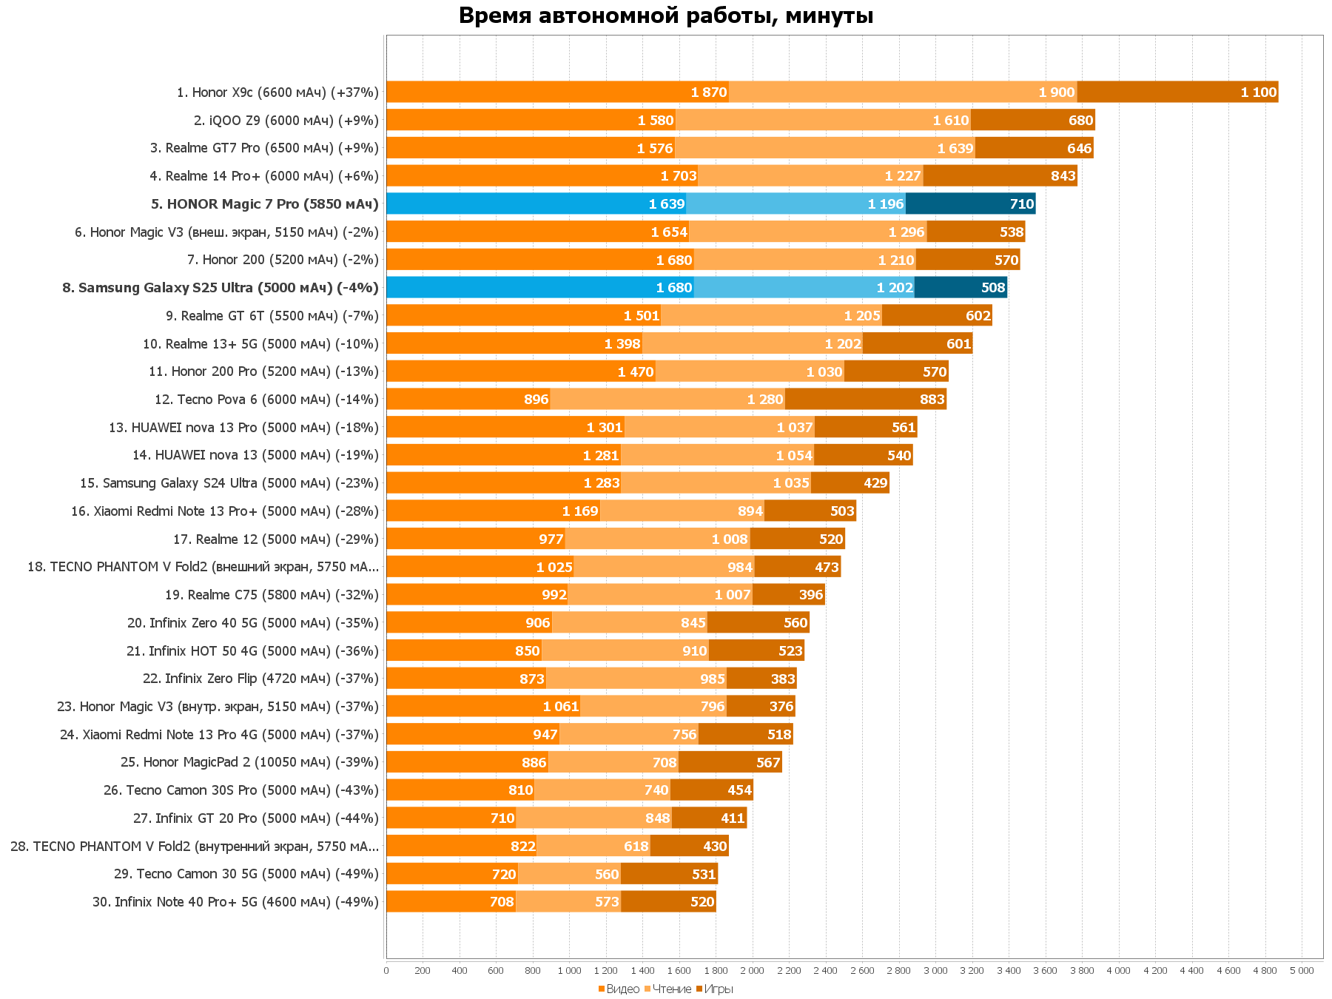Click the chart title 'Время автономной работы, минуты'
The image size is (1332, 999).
click(x=666, y=16)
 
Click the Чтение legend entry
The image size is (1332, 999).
click(x=668, y=989)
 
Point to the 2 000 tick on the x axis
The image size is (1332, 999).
click(x=752, y=971)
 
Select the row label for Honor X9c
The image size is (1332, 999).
click(x=277, y=92)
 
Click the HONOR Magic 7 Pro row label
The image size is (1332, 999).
click(x=265, y=204)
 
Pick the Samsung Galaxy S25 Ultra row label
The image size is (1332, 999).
click(x=221, y=288)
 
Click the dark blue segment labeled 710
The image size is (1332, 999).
click(x=970, y=204)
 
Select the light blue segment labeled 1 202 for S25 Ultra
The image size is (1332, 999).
click(x=804, y=288)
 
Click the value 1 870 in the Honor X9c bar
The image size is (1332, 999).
click(x=708, y=92)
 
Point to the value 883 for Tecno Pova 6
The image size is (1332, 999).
click(x=932, y=400)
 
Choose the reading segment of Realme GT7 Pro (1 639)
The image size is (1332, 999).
click(x=824, y=148)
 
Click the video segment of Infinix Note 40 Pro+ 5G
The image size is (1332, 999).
click(x=451, y=902)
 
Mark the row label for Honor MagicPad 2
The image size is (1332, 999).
click(x=249, y=762)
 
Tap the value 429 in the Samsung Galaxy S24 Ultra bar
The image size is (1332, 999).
click(x=875, y=483)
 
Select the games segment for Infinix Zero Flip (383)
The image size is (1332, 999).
click(x=761, y=679)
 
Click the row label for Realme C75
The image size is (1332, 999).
click(x=272, y=595)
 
